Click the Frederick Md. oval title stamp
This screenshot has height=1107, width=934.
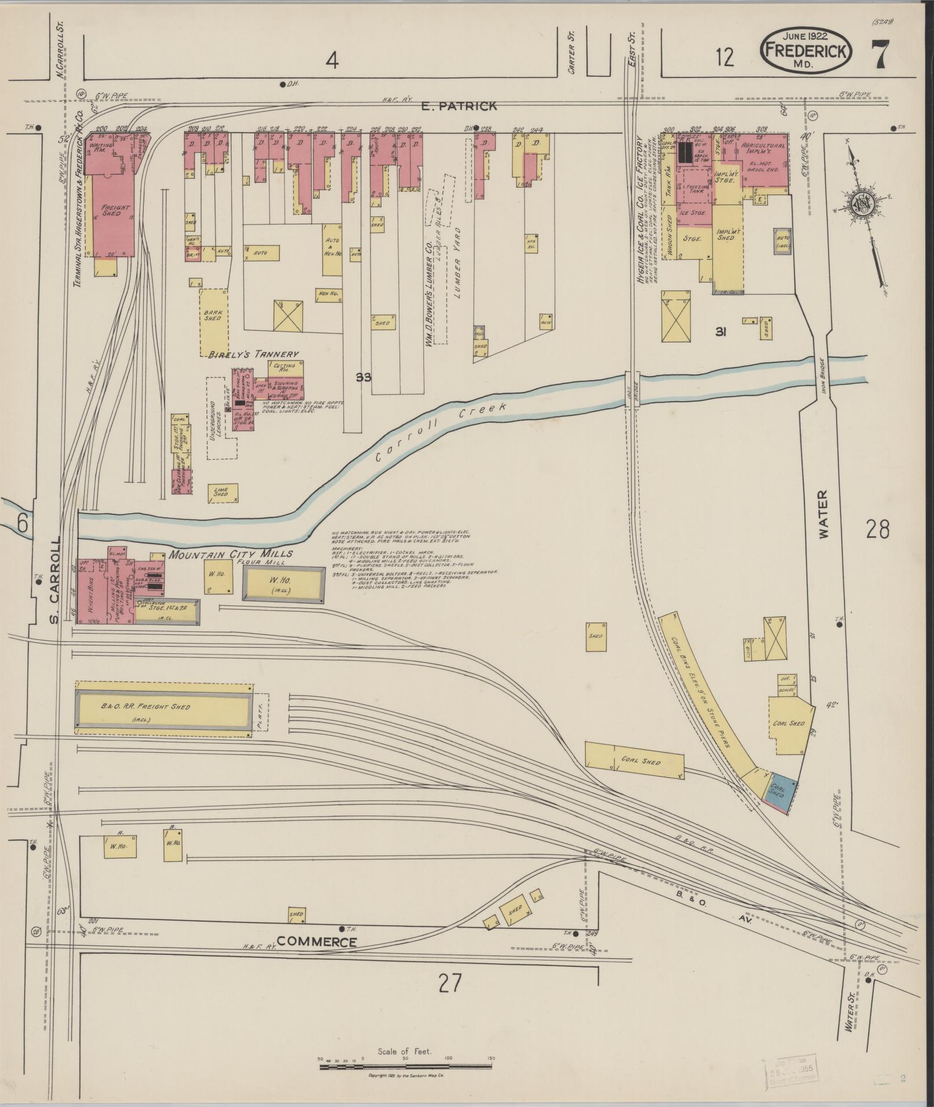[x=805, y=51]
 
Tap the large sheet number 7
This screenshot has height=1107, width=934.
[x=880, y=56]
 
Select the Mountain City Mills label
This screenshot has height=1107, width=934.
[x=230, y=554]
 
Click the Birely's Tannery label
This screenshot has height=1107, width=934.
[x=253, y=354]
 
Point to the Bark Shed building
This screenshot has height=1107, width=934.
[x=213, y=321]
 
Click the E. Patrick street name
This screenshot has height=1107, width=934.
[x=459, y=106]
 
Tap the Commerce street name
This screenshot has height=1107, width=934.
[x=316, y=941]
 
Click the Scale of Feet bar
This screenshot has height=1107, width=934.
[x=405, y=1065]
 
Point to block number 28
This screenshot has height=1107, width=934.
[x=877, y=528]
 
